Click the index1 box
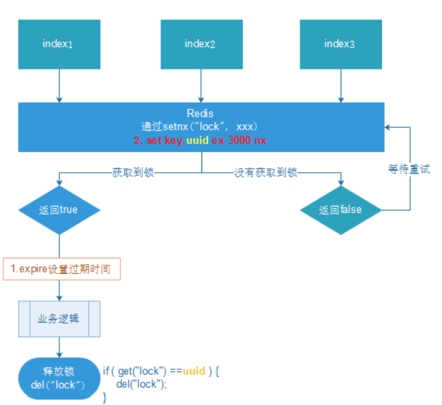(x=59, y=43)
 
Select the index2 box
(x=201, y=43)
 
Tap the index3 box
(x=340, y=43)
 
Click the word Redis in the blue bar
(x=200, y=113)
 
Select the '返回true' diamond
(x=59, y=210)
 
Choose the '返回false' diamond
(x=341, y=210)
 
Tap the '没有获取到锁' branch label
(x=265, y=172)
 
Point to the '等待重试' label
(x=409, y=169)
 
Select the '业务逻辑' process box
(x=59, y=319)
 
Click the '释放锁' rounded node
(x=59, y=378)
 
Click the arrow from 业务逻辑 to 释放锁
(x=59, y=348)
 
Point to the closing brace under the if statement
(x=105, y=397)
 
